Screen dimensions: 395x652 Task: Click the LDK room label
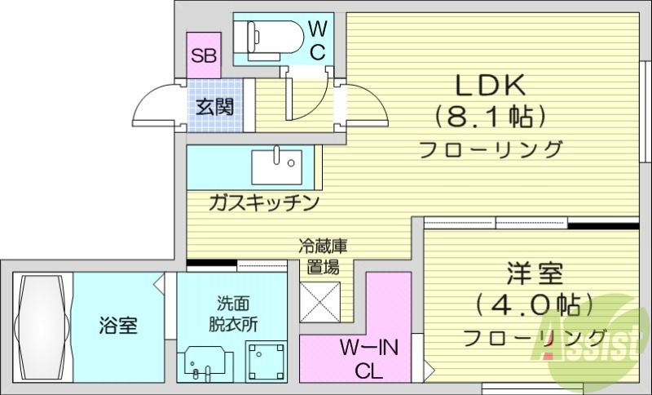point(488,86)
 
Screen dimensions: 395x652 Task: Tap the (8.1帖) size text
point(489,118)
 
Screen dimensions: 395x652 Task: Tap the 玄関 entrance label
point(215,106)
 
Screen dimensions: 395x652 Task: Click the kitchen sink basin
point(276,166)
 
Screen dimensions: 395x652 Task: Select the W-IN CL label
point(369,359)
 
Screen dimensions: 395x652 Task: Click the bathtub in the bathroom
point(42,326)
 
